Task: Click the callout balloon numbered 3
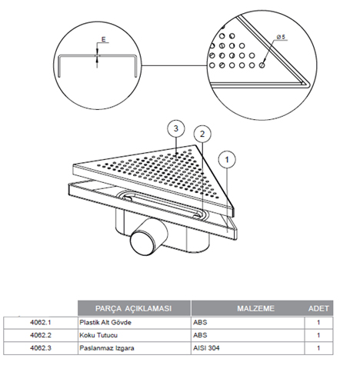coord(176,128)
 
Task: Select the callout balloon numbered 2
coord(202,134)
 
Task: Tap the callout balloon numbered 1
coord(227,160)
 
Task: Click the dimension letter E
coord(103,39)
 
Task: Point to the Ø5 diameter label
coord(281,37)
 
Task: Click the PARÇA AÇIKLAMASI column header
coord(133,308)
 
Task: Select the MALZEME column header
coord(255,308)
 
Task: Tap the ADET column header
coord(318,308)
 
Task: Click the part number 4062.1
coord(41,322)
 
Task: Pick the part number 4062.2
coord(41,335)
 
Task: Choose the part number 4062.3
coord(41,348)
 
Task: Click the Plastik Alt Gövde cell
coord(105,322)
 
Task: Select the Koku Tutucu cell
coord(98,335)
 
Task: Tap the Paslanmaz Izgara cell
coord(107,348)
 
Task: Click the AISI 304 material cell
coord(206,348)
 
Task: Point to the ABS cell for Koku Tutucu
coord(200,335)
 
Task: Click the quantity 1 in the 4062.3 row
coord(318,348)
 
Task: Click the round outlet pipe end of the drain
coord(142,243)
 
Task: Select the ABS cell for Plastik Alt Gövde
coord(200,322)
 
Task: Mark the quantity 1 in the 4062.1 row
coord(318,322)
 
